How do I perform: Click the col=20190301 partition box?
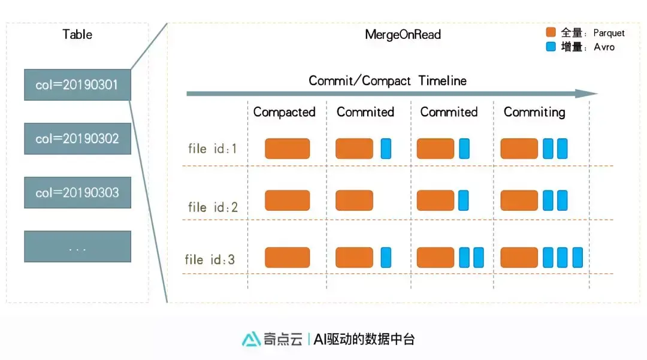pos(77,84)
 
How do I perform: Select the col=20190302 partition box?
pos(77,138)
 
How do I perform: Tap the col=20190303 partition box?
pos(77,192)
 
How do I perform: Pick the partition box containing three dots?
pos(77,246)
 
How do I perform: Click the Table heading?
pos(77,34)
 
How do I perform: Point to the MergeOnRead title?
pos(403,34)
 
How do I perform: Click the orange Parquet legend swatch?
pos(551,33)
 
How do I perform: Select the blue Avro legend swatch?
pos(551,47)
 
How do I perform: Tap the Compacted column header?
pos(284,112)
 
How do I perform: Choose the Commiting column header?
pos(534,112)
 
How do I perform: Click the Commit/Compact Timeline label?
pos(387,80)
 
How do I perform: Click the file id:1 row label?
pos(213,149)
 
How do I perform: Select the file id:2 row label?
pos(213,207)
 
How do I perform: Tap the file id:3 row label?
pos(210,260)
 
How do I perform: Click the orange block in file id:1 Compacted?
pos(288,149)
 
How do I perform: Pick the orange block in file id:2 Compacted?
pos(288,201)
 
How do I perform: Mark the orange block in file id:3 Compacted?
pos(288,258)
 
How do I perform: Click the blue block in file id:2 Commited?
pos(464,201)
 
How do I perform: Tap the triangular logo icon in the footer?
pos(251,339)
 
